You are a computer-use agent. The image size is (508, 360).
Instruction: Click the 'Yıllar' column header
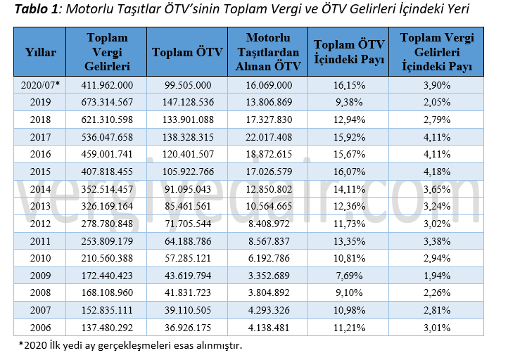(40, 53)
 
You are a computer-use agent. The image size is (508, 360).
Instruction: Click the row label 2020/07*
(40, 84)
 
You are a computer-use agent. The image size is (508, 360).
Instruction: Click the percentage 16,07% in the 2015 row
(349, 169)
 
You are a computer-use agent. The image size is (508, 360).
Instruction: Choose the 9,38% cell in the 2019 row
(349, 101)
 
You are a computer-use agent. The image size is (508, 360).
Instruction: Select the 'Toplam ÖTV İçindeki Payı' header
(349, 53)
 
